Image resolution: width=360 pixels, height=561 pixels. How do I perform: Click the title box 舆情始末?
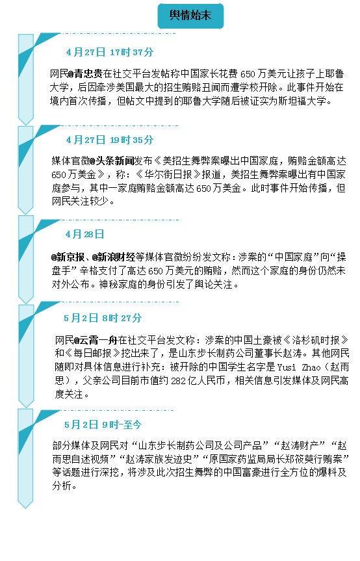(190, 16)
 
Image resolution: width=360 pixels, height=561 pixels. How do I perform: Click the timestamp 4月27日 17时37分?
(110, 52)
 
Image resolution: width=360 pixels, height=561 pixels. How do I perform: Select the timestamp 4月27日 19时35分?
(110, 140)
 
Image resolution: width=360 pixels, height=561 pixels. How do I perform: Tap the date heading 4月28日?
(85, 235)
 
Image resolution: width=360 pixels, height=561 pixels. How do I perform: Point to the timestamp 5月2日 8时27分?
(103, 318)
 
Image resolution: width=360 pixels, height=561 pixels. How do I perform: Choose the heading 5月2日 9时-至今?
(103, 424)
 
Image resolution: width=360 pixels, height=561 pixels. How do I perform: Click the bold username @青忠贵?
(85, 74)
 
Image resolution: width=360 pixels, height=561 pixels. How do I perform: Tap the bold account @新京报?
(68, 257)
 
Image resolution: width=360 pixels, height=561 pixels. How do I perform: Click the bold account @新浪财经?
(114, 257)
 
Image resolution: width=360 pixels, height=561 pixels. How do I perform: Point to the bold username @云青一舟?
(96, 340)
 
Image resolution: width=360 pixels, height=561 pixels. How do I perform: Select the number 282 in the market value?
(179, 381)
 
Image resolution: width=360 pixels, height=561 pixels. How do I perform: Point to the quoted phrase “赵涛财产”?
(299, 446)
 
